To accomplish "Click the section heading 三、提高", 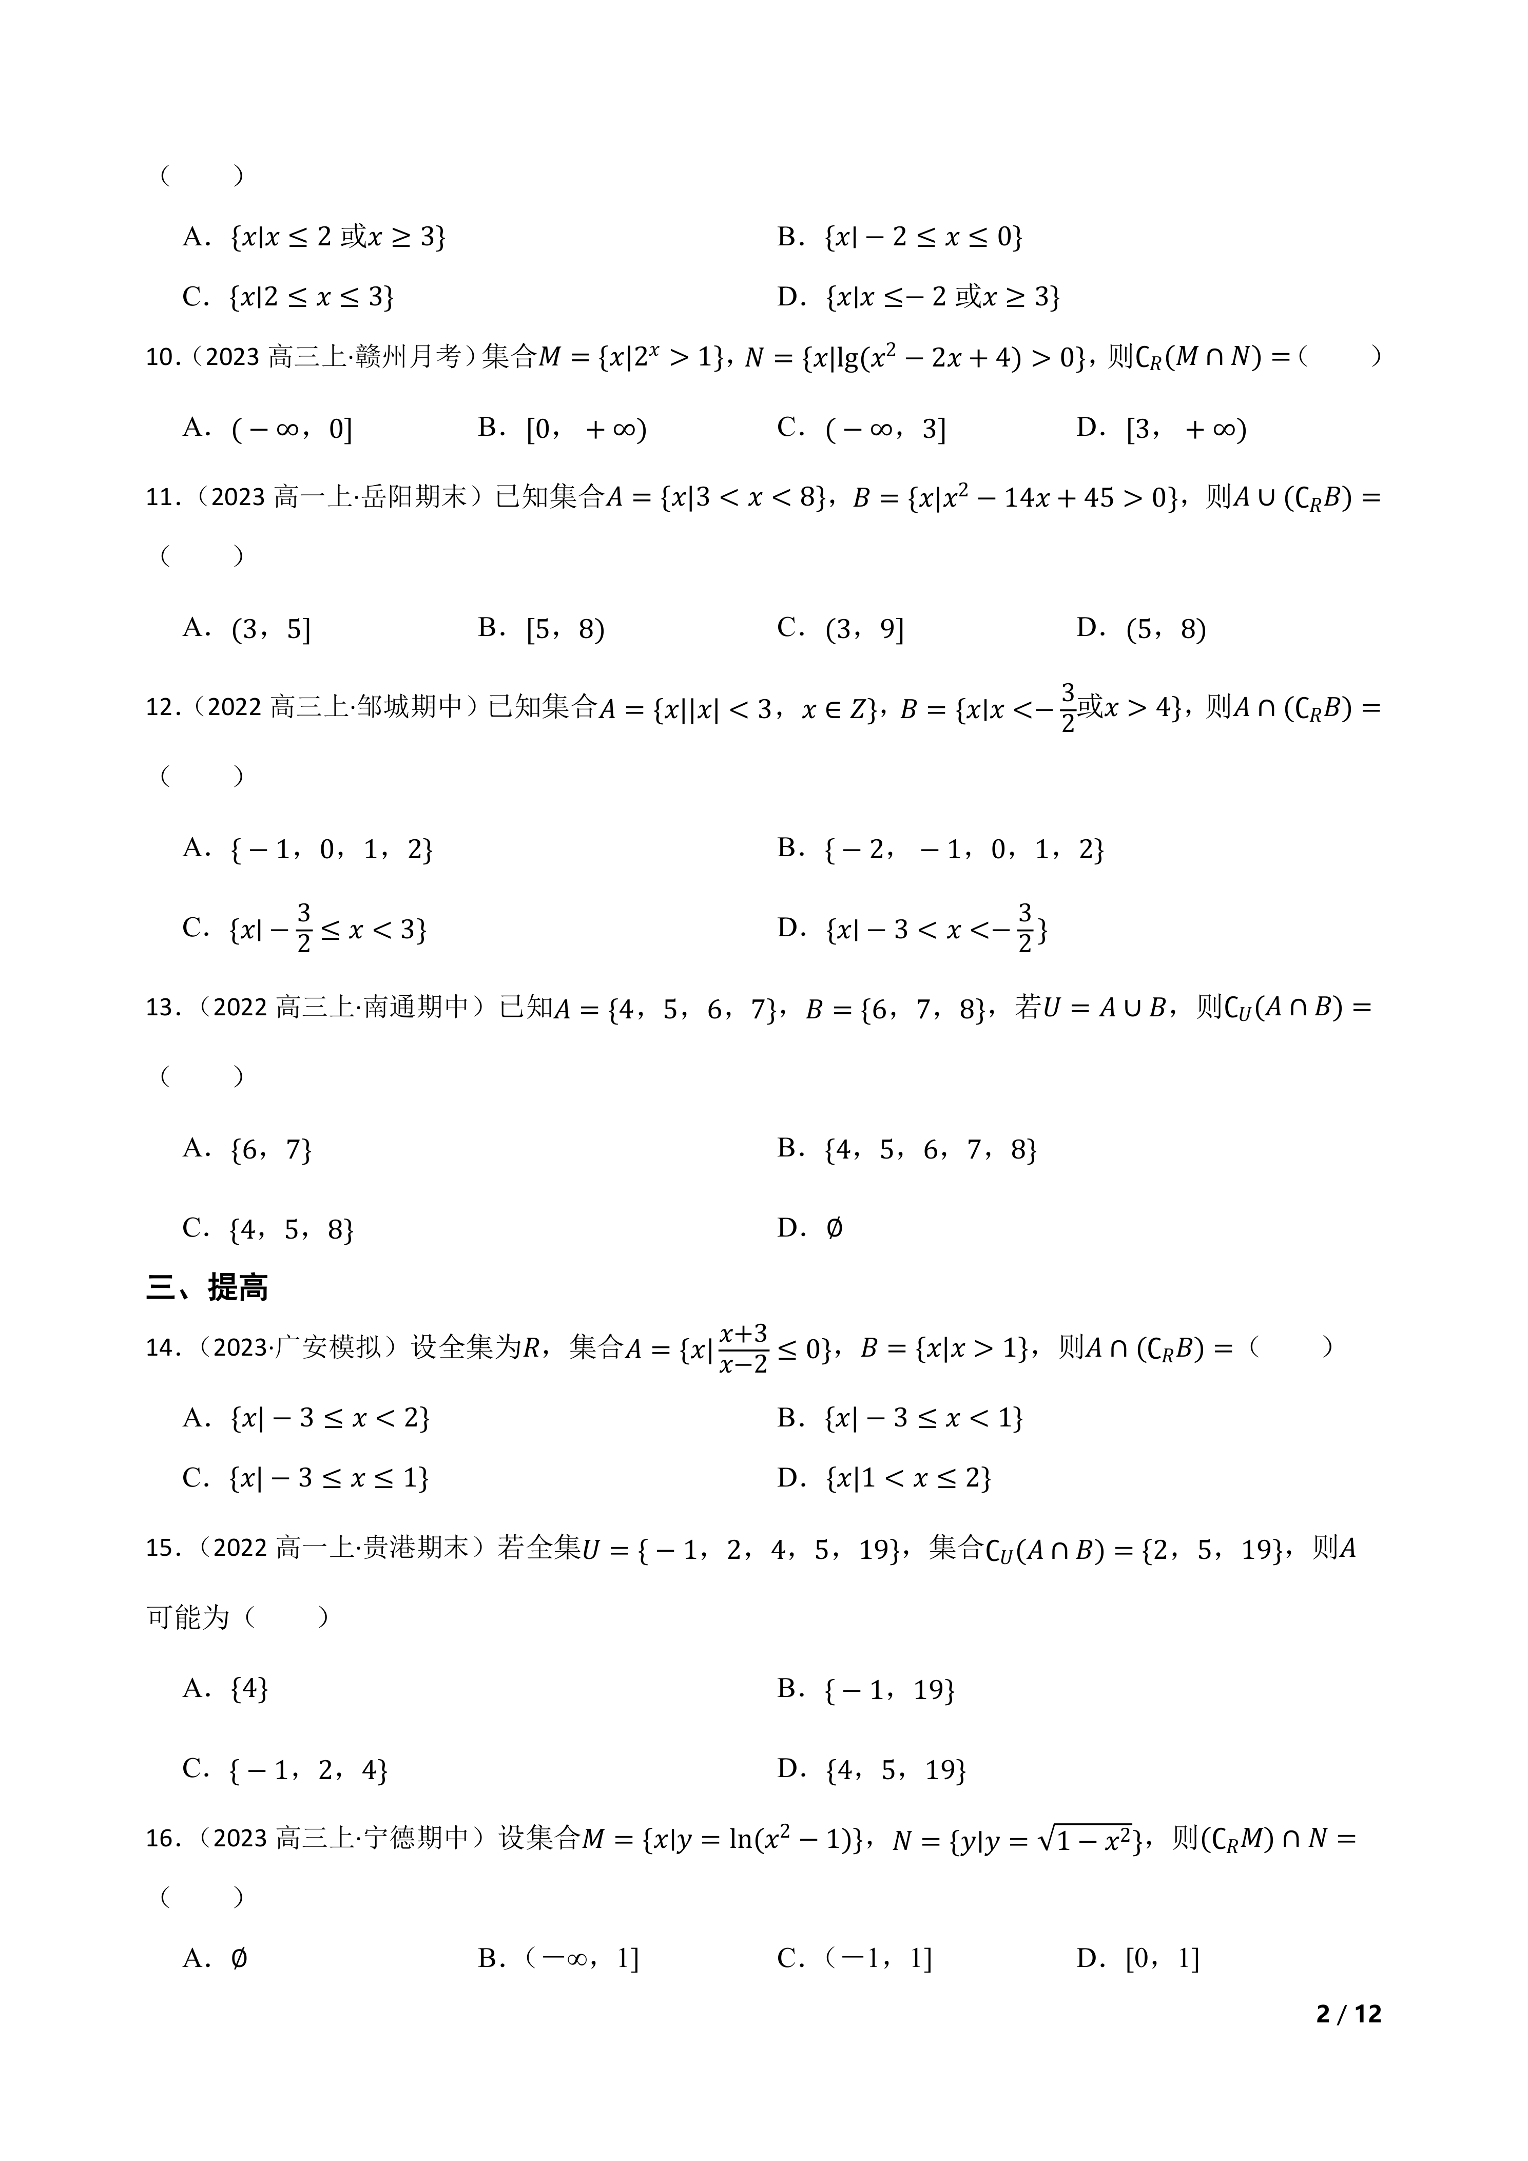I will coord(207,1287).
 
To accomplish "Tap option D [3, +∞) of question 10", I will coord(1162,429).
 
